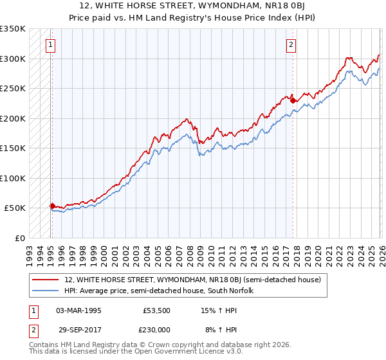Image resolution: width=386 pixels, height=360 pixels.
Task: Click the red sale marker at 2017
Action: click(293, 100)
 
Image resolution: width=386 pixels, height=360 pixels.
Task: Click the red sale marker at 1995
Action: click(52, 206)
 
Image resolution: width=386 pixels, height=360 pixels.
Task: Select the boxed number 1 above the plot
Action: click(50, 44)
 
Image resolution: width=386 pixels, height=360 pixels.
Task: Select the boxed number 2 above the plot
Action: click(291, 44)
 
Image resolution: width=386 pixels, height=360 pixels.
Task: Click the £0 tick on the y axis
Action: click(19, 238)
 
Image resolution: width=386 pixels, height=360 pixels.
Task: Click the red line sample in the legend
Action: click(46, 280)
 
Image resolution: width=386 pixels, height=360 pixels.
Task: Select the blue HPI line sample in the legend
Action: click(46, 291)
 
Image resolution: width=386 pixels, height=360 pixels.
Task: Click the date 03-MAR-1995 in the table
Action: click(78, 310)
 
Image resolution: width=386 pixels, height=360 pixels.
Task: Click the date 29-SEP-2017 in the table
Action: click(78, 328)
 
